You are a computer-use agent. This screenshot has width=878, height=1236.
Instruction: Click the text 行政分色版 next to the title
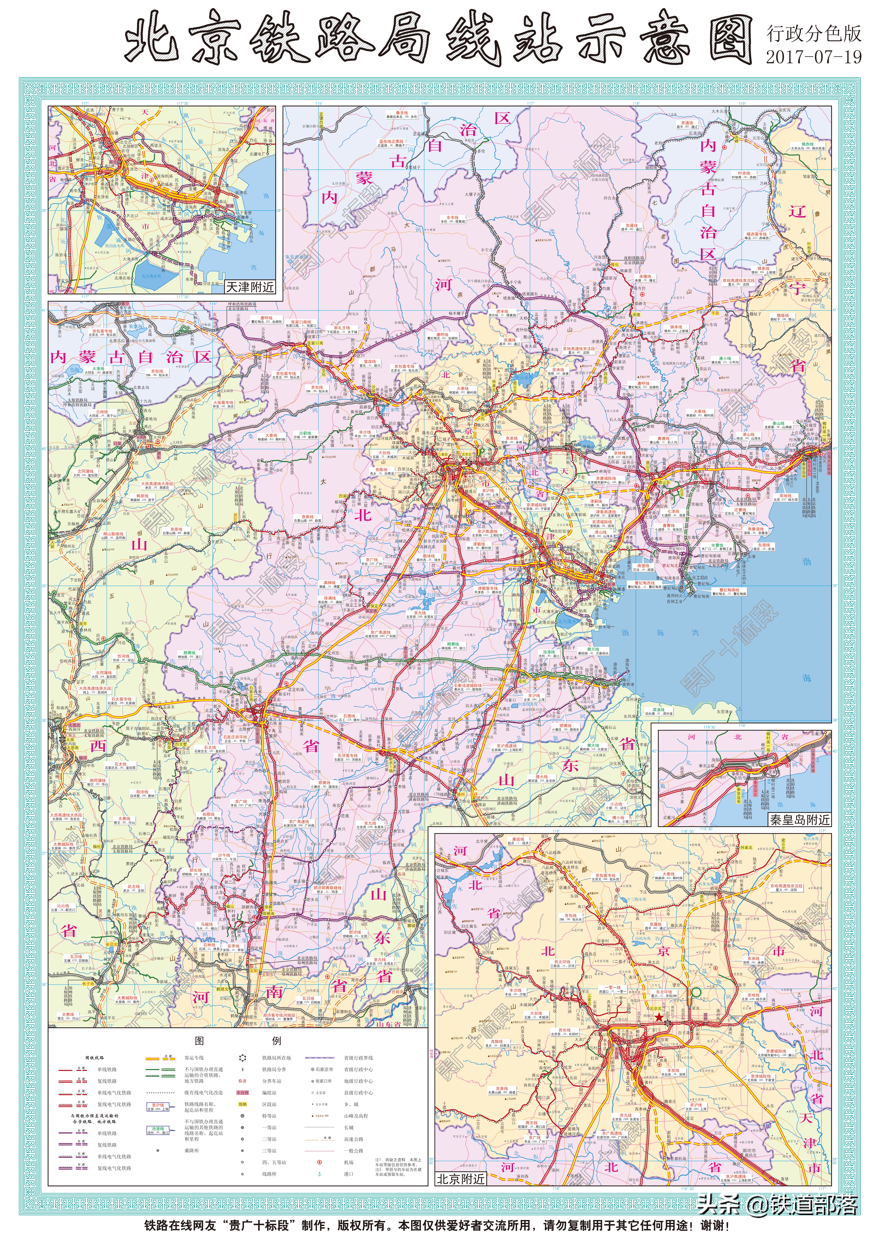[x=813, y=34]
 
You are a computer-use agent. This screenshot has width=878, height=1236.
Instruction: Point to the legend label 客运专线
[x=194, y=1057]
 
